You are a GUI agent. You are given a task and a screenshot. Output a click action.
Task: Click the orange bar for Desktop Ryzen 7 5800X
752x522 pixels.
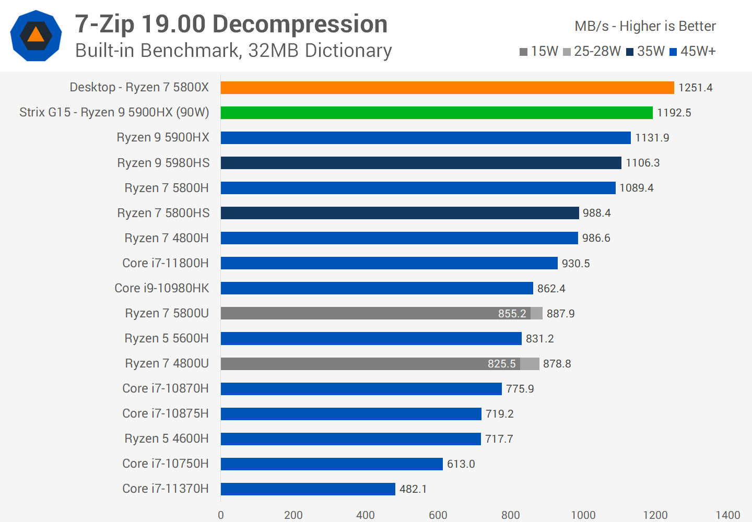[447, 88]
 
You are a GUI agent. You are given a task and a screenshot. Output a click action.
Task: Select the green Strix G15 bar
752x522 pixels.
[437, 113]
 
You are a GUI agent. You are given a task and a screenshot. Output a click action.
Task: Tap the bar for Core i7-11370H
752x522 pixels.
[308, 489]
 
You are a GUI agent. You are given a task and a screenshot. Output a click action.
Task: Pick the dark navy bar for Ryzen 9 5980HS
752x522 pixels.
[421, 163]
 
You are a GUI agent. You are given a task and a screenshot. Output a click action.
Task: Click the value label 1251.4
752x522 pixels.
[695, 88]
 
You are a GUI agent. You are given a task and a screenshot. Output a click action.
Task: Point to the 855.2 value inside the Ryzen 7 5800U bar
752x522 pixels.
[512, 314]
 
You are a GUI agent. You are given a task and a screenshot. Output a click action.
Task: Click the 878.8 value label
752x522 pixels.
[557, 364]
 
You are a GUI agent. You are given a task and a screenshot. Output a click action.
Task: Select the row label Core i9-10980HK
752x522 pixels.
[162, 289]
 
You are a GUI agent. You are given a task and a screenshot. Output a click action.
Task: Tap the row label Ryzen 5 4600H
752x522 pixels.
[167, 439]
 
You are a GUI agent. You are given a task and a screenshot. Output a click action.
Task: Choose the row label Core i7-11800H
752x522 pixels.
[166, 264]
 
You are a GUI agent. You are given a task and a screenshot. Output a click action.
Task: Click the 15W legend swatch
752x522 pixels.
[523, 52]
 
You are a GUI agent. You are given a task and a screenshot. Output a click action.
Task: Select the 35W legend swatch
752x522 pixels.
[630, 52]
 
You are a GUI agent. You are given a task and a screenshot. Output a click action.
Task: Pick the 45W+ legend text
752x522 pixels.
[698, 51]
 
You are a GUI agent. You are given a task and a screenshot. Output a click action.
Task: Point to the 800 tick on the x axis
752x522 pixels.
[510, 515]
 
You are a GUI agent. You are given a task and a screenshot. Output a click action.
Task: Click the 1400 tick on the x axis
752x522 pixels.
[727, 515]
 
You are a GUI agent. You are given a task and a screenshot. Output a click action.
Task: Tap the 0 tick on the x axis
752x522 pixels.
[221, 515]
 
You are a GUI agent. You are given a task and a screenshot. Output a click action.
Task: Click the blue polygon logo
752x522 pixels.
[36, 35]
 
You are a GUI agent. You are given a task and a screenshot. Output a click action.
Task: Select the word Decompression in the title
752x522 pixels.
[300, 25]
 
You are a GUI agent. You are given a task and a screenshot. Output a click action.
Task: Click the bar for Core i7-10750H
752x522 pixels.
[332, 464]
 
